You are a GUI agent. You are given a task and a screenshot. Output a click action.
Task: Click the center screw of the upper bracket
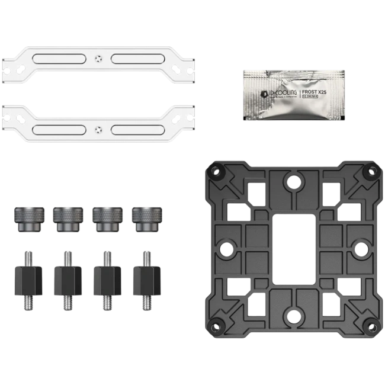click(x=98, y=58)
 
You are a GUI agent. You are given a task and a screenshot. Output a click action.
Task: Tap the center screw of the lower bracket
click(x=98, y=129)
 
